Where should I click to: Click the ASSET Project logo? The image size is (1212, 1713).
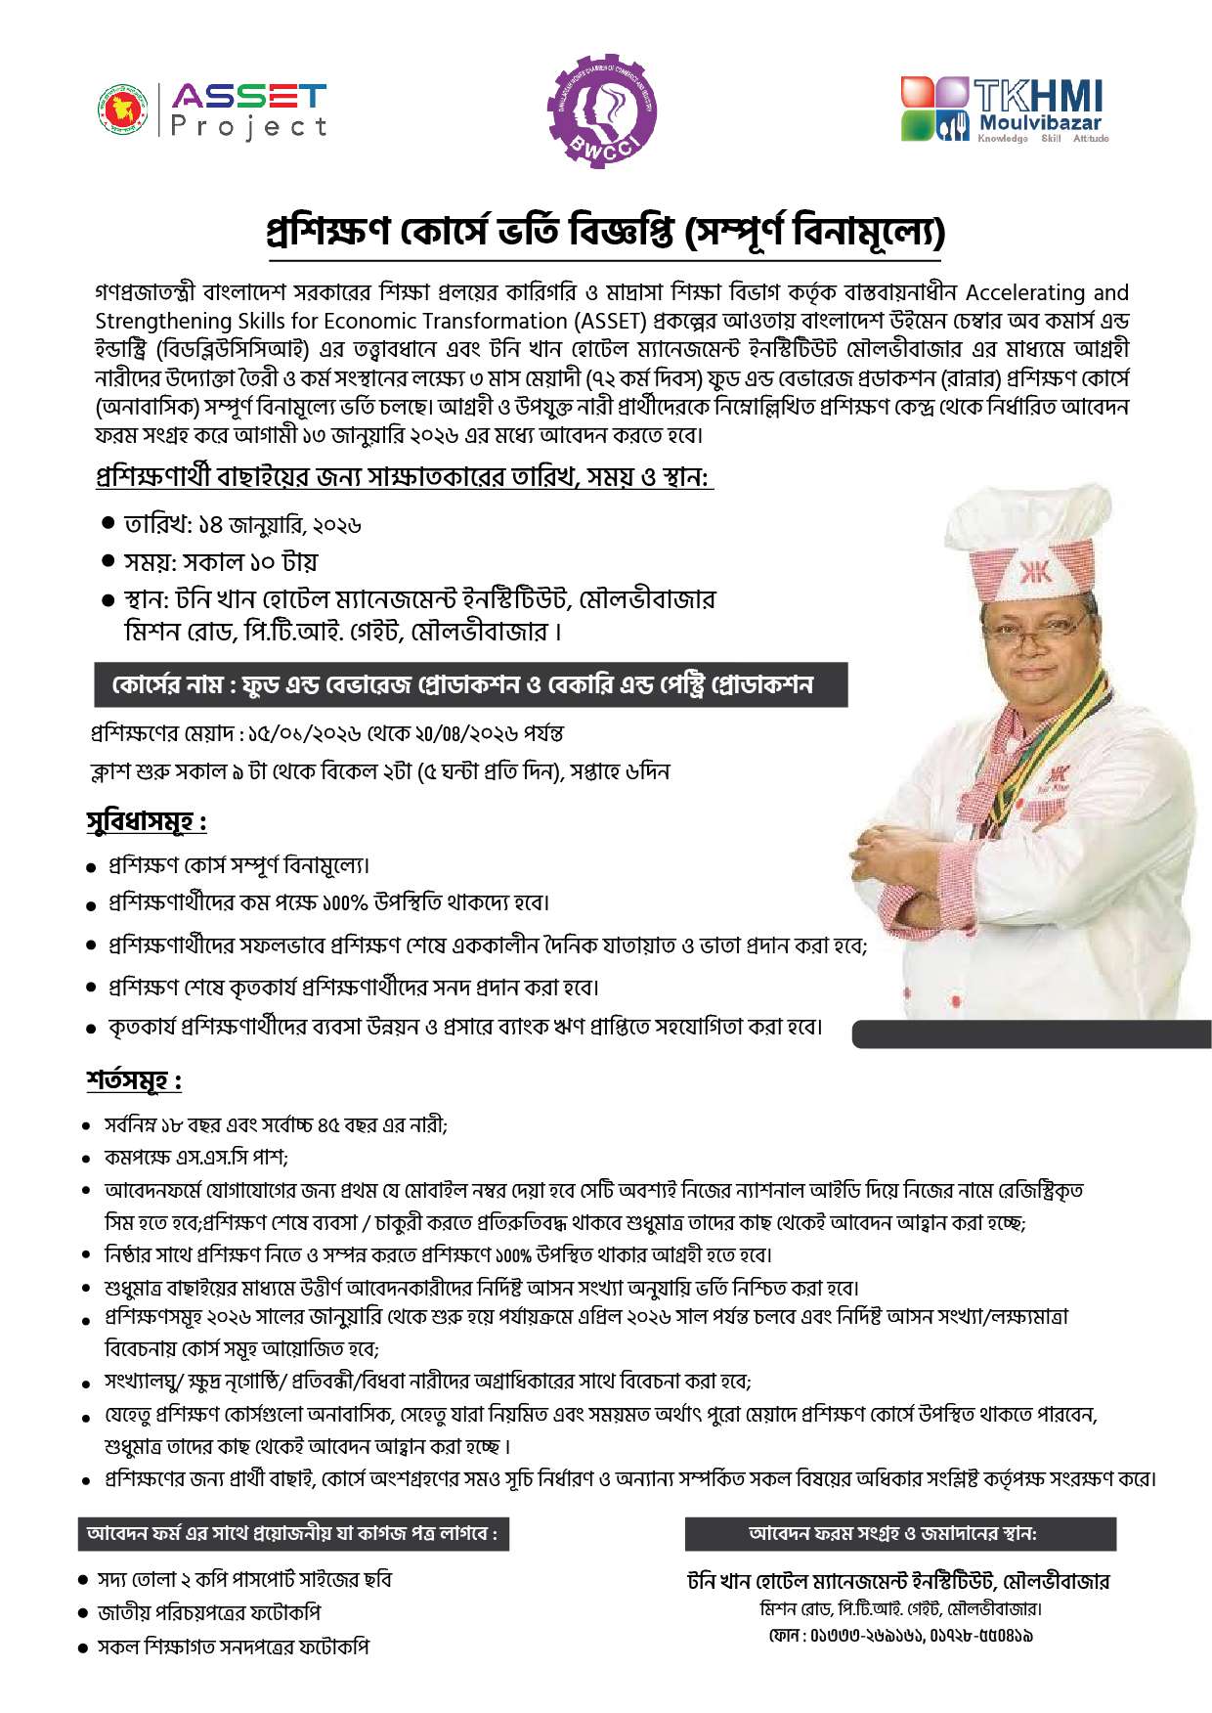pyautogui.click(x=248, y=110)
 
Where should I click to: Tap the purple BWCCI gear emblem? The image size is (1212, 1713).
pyautogui.click(x=601, y=110)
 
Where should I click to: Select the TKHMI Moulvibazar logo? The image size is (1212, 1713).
pyautogui.click(x=1005, y=110)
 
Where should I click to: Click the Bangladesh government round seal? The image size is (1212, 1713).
pyautogui.click(x=122, y=110)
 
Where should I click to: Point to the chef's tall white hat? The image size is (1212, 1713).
pyautogui.click(x=1033, y=543)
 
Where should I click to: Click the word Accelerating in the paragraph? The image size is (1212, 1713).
pyautogui.click(x=1026, y=292)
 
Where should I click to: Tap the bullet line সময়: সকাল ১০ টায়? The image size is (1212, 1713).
pyautogui.click(x=220, y=562)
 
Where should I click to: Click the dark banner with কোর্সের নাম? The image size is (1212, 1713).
pyautogui.click(x=470, y=684)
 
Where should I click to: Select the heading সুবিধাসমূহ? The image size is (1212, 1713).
pyautogui.click(x=147, y=822)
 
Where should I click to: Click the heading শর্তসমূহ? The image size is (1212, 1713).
pyautogui.click(x=134, y=1081)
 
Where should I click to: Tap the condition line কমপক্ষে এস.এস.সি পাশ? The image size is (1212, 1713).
pyautogui.click(x=195, y=1158)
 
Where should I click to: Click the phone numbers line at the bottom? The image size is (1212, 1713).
pyautogui.click(x=900, y=1635)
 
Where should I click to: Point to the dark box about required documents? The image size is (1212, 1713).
pyautogui.click(x=293, y=1533)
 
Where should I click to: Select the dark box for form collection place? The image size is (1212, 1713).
pyautogui.click(x=900, y=1533)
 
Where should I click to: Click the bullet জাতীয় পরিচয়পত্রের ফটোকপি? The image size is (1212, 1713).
pyautogui.click(x=209, y=1612)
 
